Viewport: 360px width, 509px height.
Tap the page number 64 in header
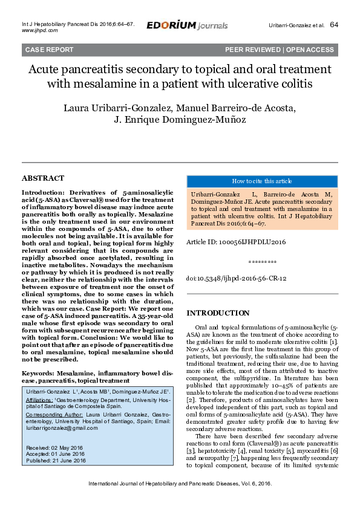coord(334,25)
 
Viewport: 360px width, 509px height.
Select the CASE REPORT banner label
coord(49,50)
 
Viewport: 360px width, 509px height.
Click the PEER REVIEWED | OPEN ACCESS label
coord(279,50)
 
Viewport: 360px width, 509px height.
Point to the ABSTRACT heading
coord(42,178)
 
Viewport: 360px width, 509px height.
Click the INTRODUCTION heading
coord(217,313)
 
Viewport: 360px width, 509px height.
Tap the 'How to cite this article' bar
coord(262,181)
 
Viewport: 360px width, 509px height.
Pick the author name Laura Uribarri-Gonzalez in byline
coord(110,108)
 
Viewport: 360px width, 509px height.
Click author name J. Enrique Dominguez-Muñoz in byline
coord(180,120)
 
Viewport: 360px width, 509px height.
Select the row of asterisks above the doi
coord(262,263)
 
